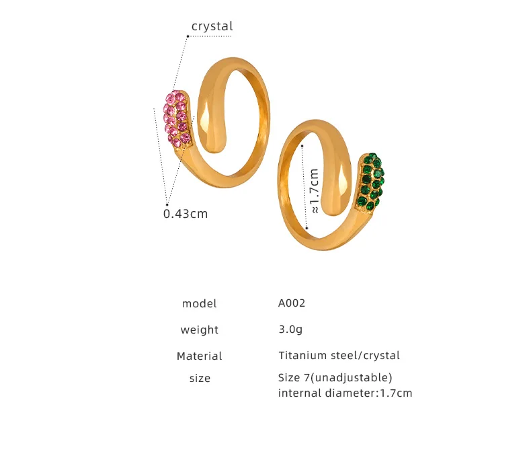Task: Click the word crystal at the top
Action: coord(212,27)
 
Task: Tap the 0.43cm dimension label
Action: coord(186,214)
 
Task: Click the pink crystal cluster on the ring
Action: coord(177,119)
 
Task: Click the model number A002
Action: coord(292,303)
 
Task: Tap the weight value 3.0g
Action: coord(290,330)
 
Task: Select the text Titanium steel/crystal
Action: coord(339,355)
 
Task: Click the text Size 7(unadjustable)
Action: coord(335,377)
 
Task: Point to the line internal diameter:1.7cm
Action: coord(345,393)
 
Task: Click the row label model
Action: coord(200,304)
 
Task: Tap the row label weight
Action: coord(200,330)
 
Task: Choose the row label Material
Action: coord(200,356)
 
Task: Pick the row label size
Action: coord(200,379)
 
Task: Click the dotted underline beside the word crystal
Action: coord(210,36)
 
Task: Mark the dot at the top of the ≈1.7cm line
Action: coord(302,145)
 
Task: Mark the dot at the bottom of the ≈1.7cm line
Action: coord(307,229)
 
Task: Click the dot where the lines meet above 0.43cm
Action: coord(167,202)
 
